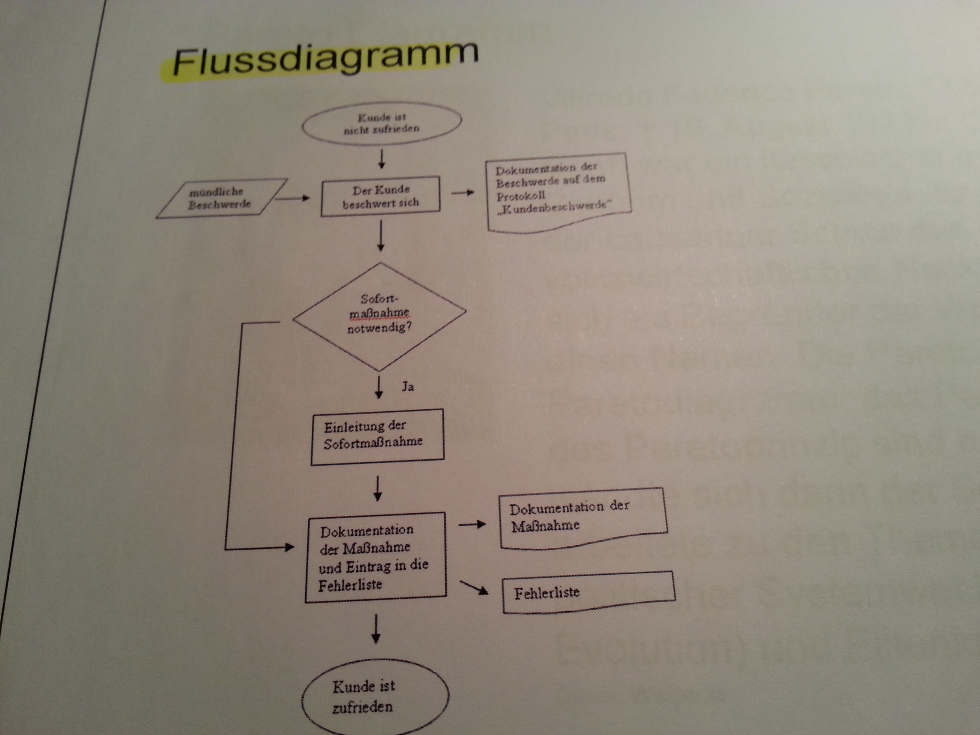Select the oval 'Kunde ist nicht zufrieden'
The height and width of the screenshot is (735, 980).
[x=381, y=123]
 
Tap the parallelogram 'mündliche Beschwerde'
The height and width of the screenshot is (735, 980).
[x=221, y=198]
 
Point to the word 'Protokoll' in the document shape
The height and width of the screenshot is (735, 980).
[x=521, y=195]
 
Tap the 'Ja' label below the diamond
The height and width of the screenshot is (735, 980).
[x=408, y=387]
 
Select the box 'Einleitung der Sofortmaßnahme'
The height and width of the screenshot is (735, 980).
[x=377, y=436]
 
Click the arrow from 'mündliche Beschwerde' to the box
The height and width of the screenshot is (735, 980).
[x=292, y=198]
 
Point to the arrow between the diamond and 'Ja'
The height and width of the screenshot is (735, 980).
[x=379, y=387]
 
